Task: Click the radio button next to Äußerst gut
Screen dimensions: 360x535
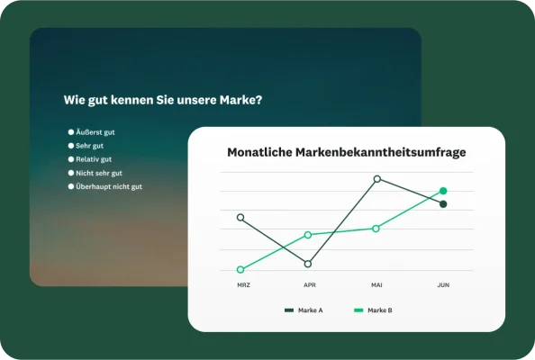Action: click(71, 132)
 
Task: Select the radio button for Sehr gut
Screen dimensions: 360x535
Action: click(71, 146)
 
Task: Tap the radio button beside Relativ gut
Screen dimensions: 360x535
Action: click(71, 159)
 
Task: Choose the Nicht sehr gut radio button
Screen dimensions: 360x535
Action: click(71, 173)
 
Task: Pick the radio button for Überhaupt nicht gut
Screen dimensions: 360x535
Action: click(71, 186)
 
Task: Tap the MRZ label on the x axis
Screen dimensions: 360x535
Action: click(243, 285)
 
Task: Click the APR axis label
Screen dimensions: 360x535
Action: click(310, 285)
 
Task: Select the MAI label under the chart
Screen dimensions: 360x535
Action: click(376, 285)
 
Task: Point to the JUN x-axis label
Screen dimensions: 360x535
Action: click(443, 285)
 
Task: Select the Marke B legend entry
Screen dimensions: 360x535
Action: click(373, 310)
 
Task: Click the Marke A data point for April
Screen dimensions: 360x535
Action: click(308, 264)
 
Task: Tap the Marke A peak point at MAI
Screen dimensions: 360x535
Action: click(376, 179)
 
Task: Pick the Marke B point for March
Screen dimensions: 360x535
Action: click(240, 270)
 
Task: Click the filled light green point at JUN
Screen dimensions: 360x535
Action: click(443, 191)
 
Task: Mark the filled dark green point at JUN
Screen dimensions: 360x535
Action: click(443, 204)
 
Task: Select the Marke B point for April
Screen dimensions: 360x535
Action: click(308, 235)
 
